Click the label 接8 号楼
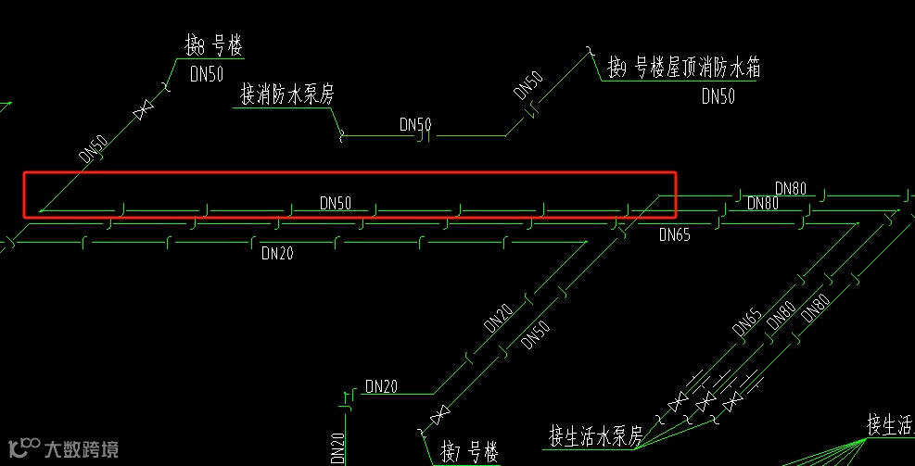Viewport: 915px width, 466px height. (213, 45)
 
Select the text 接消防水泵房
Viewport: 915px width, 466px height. (286, 94)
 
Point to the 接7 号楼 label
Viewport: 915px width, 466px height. (470, 453)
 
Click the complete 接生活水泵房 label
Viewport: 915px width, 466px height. (595, 435)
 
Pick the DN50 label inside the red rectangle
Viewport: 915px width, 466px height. (336, 202)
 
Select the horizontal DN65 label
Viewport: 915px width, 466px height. (675, 235)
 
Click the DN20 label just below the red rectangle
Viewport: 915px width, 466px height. (277, 252)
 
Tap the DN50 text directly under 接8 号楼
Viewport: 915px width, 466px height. (207, 75)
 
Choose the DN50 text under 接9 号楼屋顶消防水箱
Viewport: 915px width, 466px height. (718, 95)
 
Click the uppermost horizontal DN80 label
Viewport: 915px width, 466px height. (791, 189)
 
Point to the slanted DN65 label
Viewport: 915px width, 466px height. (747, 322)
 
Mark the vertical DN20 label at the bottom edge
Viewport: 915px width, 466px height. (338, 448)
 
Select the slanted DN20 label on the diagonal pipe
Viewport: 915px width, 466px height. (498, 320)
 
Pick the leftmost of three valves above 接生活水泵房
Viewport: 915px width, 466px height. (679, 402)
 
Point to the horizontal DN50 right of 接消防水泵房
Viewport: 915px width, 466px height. (415, 124)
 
